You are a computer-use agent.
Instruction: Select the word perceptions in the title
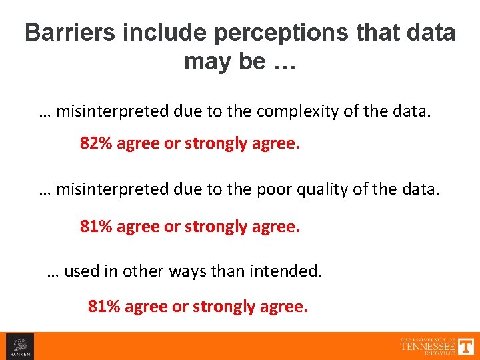pos(259,33)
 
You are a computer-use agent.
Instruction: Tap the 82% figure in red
pos(96,143)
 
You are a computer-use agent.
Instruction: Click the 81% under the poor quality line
pos(96,227)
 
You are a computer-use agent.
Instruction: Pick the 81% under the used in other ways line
pos(104,307)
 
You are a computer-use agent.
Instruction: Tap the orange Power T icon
pos(466,345)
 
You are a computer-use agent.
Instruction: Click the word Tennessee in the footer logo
pos(427,346)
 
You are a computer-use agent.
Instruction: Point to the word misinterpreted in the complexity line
pos(107,111)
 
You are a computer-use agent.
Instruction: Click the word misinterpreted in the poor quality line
pos(107,190)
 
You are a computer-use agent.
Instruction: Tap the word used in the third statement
pos(81,271)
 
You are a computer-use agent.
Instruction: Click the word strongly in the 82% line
pos(215,143)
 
